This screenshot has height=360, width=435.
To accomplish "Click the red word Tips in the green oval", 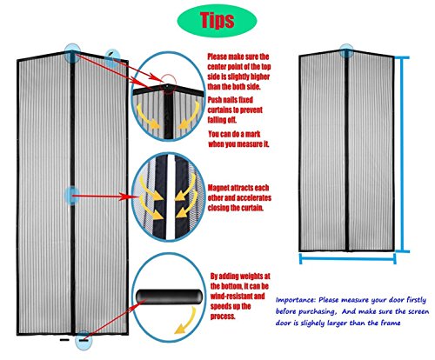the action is tap(217, 20).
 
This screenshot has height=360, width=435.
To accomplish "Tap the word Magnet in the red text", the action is tap(218, 188).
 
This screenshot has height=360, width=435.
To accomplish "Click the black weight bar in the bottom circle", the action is tap(169, 297).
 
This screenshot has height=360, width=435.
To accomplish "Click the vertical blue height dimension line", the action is tap(403, 155).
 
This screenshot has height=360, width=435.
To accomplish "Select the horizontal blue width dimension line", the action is tap(347, 258).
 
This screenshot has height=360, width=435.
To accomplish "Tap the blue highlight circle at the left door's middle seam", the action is tap(71, 196).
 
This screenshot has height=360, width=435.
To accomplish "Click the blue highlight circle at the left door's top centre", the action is tap(72, 53).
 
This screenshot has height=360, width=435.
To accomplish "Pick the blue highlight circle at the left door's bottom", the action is tap(84, 340).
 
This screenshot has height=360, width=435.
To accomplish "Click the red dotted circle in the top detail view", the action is tap(169, 83).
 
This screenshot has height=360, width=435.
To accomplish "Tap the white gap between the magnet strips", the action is tap(171, 197).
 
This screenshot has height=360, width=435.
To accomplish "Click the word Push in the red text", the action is tap(215, 100).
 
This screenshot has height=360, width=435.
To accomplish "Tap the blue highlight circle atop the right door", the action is tap(346, 51).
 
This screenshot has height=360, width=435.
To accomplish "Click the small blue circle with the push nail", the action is tap(112, 57).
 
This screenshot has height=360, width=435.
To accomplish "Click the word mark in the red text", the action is tap(253, 134).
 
